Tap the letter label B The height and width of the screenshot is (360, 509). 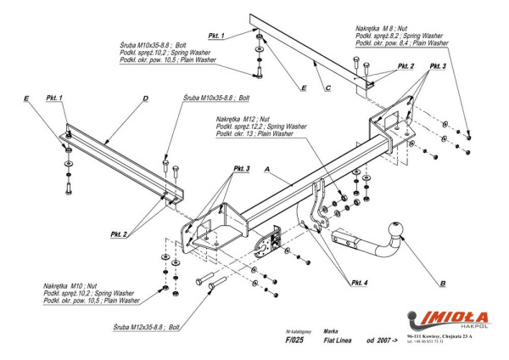444,281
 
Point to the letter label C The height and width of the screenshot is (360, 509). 327,87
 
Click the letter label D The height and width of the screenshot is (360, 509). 147,98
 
